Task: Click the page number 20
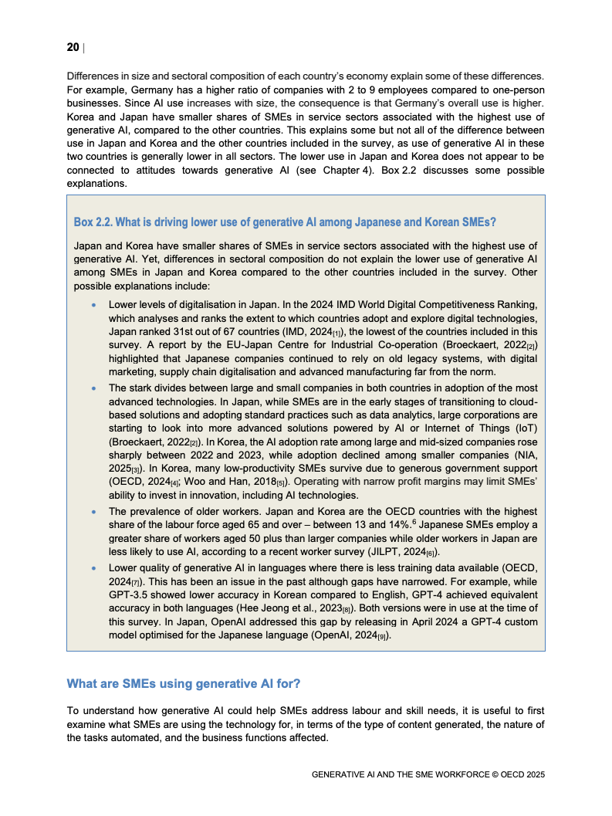pyautogui.click(x=73, y=48)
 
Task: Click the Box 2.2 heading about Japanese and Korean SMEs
pyautogui.click(x=284, y=222)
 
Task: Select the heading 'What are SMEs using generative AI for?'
pyautogui.click(x=184, y=683)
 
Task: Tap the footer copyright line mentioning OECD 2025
pyautogui.click(x=428, y=774)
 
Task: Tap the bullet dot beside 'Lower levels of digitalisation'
pyautogui.click(x=94, y=306)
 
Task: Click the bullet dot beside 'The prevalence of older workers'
pyautogui.click(x=94, y=512)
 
